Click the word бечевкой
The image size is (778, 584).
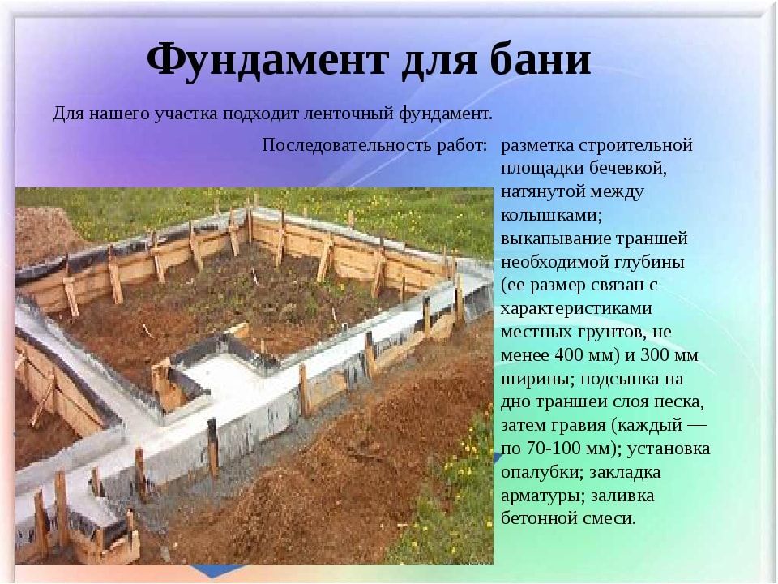627,168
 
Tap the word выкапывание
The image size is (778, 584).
554,238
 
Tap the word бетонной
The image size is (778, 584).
538,518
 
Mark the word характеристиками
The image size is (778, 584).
576,308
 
